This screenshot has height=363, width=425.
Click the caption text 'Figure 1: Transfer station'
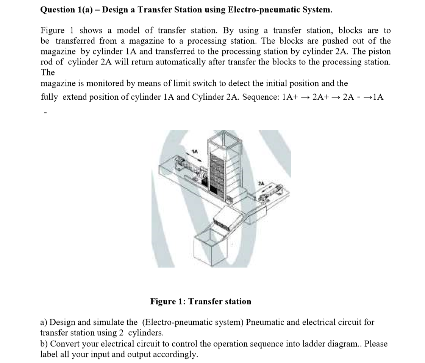(200, 302)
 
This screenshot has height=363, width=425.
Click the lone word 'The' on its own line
(47, 72)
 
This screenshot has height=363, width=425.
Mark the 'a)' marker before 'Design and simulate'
(44, 322)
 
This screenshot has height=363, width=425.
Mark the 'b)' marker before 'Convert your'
(44, 344)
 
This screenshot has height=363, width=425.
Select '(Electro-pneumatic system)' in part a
(192, 322)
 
